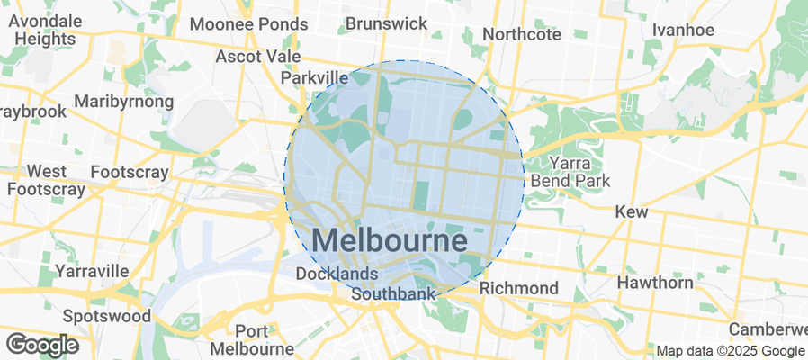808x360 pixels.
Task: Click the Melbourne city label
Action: [390, 241]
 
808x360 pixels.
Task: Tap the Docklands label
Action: [337, 274]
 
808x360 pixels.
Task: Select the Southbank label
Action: [393, 293]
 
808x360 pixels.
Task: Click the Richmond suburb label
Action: [518, 288]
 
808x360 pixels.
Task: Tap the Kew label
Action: [631, 211]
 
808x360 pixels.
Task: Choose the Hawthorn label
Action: [655, 283]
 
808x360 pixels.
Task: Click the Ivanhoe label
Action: [683, 30]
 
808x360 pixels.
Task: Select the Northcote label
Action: [522, 34]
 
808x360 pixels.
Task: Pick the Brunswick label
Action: [386, 23]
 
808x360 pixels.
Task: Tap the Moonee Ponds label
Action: [249, 23]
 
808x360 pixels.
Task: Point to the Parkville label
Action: [314, 78]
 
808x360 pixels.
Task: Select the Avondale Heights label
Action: [45, 31]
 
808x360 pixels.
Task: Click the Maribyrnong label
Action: [125, 102]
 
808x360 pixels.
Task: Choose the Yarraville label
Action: [92, 270]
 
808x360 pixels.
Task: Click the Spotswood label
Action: [106, 316]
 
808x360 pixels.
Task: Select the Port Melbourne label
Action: [251, 339]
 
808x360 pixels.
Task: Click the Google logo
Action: [41, 344]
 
